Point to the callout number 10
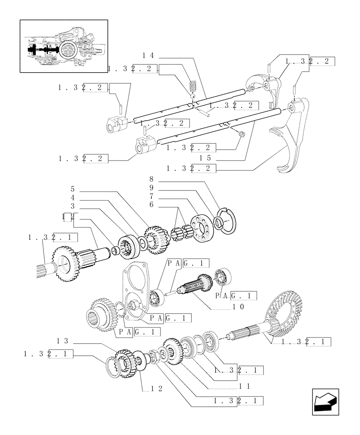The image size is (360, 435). (239, 307)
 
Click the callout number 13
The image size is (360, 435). (63, 341)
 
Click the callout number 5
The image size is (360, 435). (73, 189)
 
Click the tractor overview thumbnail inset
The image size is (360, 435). (63, 46)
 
